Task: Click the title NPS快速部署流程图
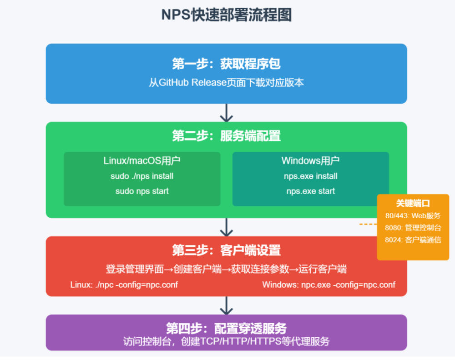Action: pyautogui.click(x=226, y=15)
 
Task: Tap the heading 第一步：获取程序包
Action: pyautogui.click(x=226, y=64)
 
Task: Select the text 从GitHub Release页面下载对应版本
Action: pyautogui.click(x=226, y=83)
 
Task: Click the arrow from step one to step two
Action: pyautogui.click(x=226, y=112)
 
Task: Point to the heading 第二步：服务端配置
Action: pyautogui.click(x=226, y=135)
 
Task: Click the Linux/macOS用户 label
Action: pyautogui.click(x=142, y=161)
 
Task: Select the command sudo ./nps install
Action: pyautogui.click(x=142, y=176)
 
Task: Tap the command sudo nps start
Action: pyautogui.click(x=142, y=191)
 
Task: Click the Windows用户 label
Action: pyautogui.click(x=310, y=161)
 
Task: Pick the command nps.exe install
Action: pyautogui.click(x=310, y=176)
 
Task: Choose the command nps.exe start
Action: pyautogui.click(x=310, y=191)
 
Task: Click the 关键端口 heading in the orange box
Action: pyautogui.click(x=413, y=204)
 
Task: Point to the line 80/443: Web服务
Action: pyautogui.click(x=413, y=216)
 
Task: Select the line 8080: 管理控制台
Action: pyautogui.click(x=413, y=228)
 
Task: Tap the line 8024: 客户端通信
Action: pyautogui.click(x=413, y=240)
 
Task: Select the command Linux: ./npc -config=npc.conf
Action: pyautogui.click(x=124, y=285)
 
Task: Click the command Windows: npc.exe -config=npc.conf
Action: pyautogui.click(x=329, y=285)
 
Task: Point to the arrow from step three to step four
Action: pyautogui.click(x=226, y=305)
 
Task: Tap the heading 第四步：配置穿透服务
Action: pyautogui.click(x=226, y=328)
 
